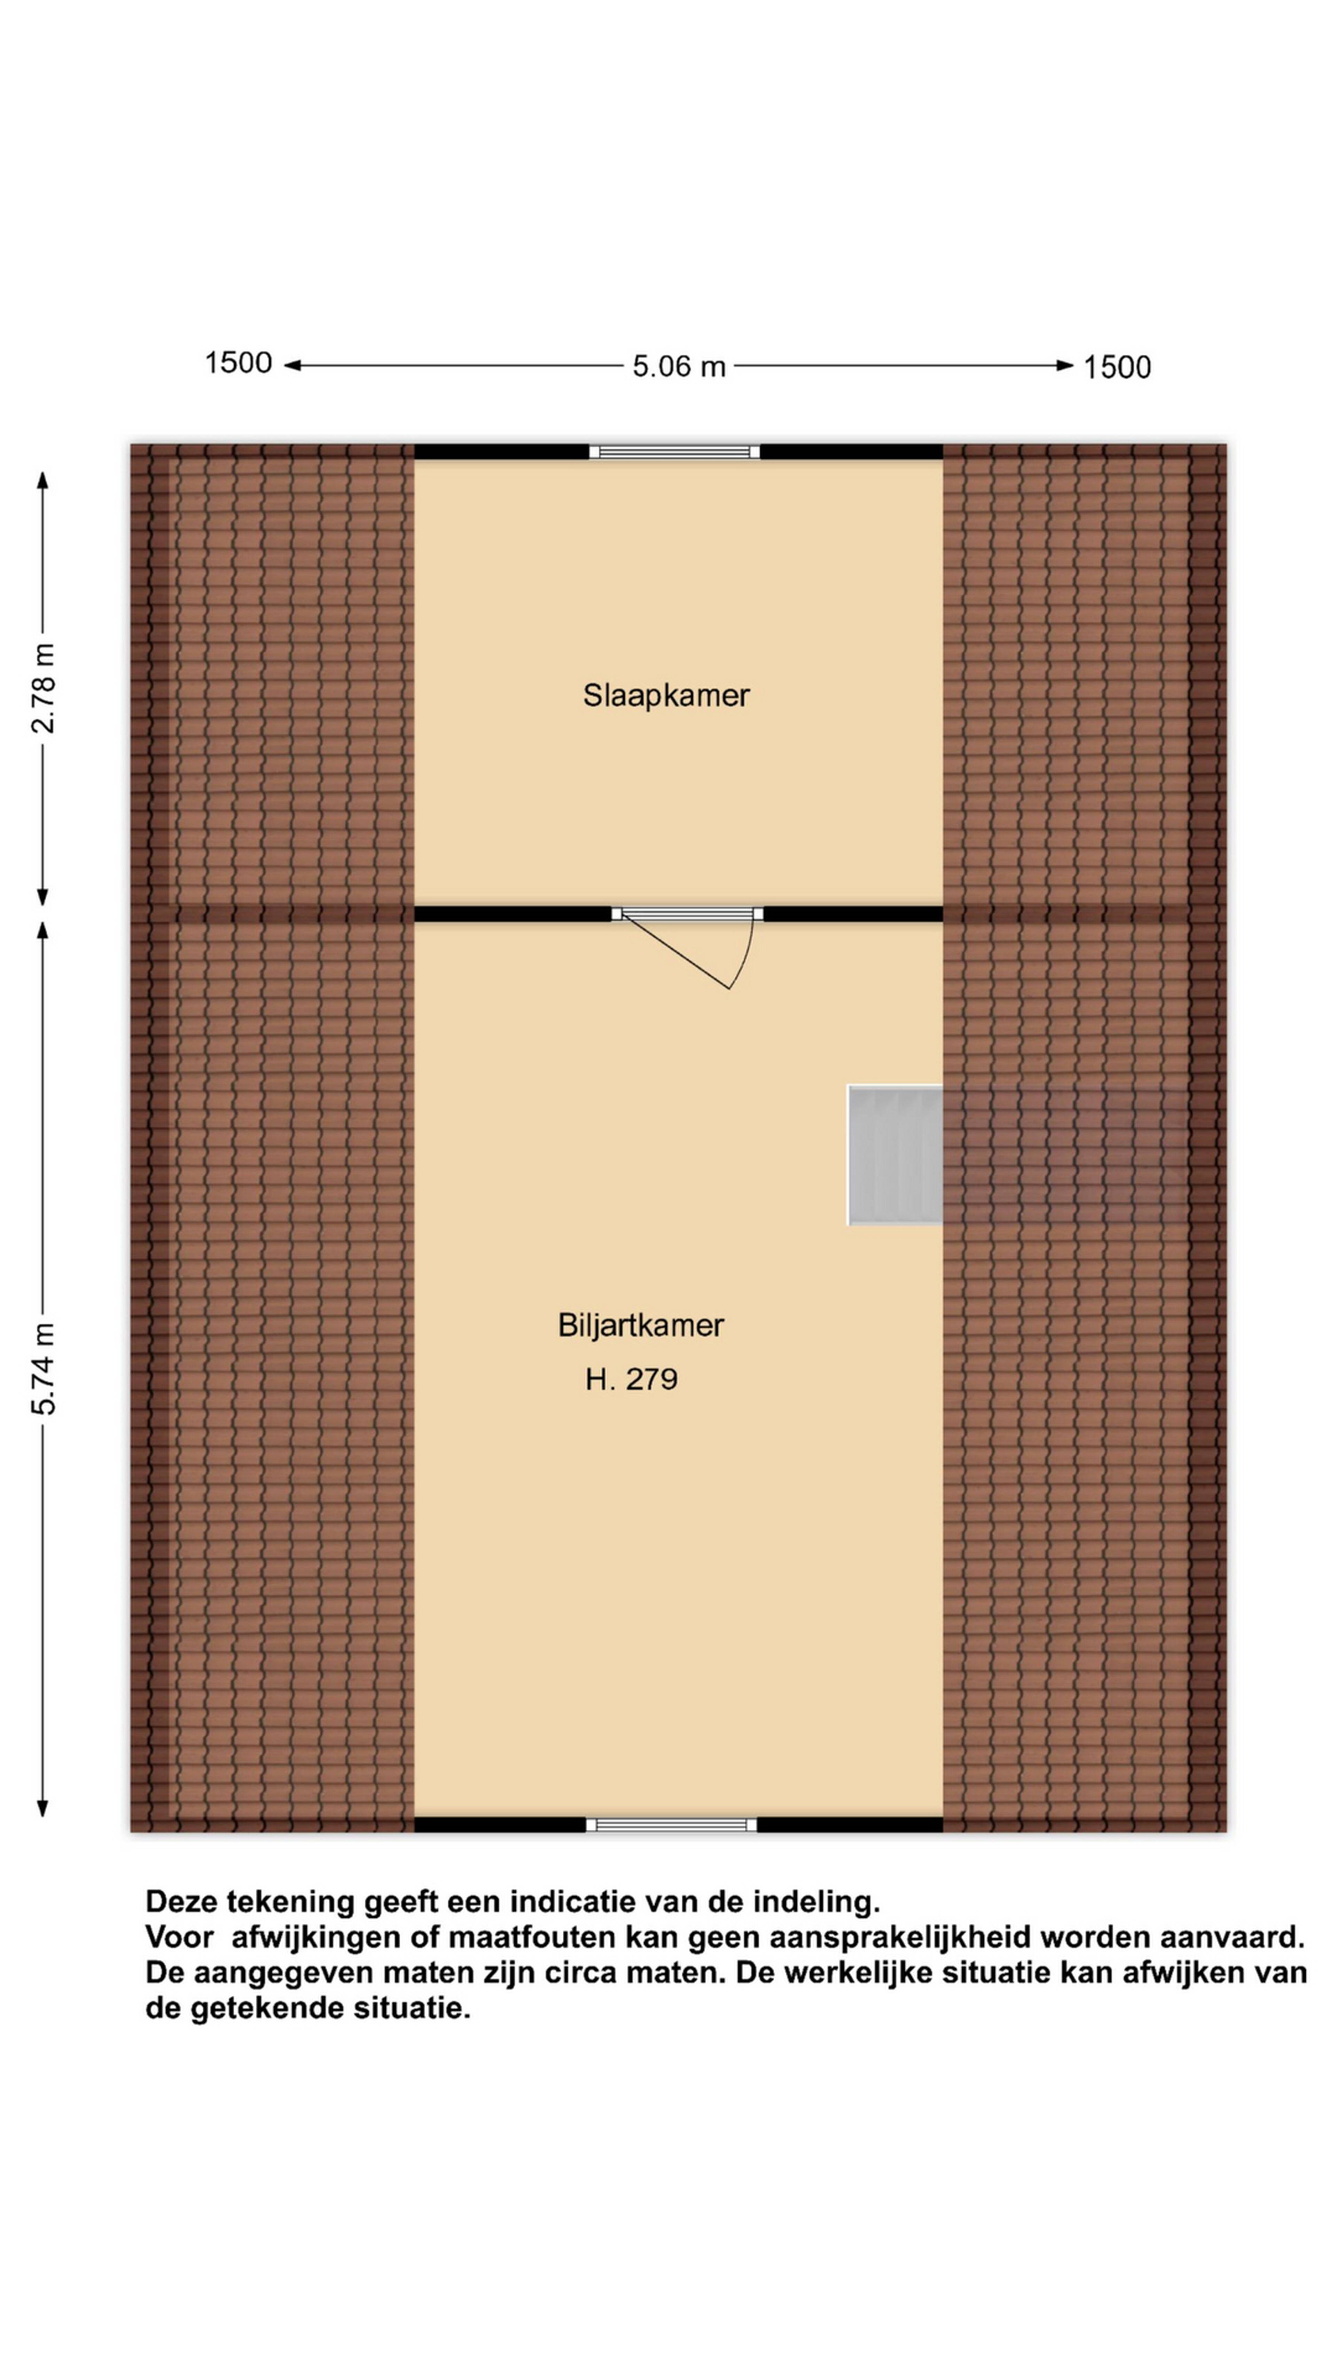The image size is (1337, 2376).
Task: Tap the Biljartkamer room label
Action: tap(640, 1325)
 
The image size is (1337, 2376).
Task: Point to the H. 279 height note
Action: tap(631, 1379)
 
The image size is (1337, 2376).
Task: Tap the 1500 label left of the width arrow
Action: tap(238, 363)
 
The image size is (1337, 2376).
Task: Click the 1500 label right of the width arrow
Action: tap(1117, 367)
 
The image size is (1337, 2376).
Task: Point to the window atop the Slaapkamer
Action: tap(674, 452)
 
